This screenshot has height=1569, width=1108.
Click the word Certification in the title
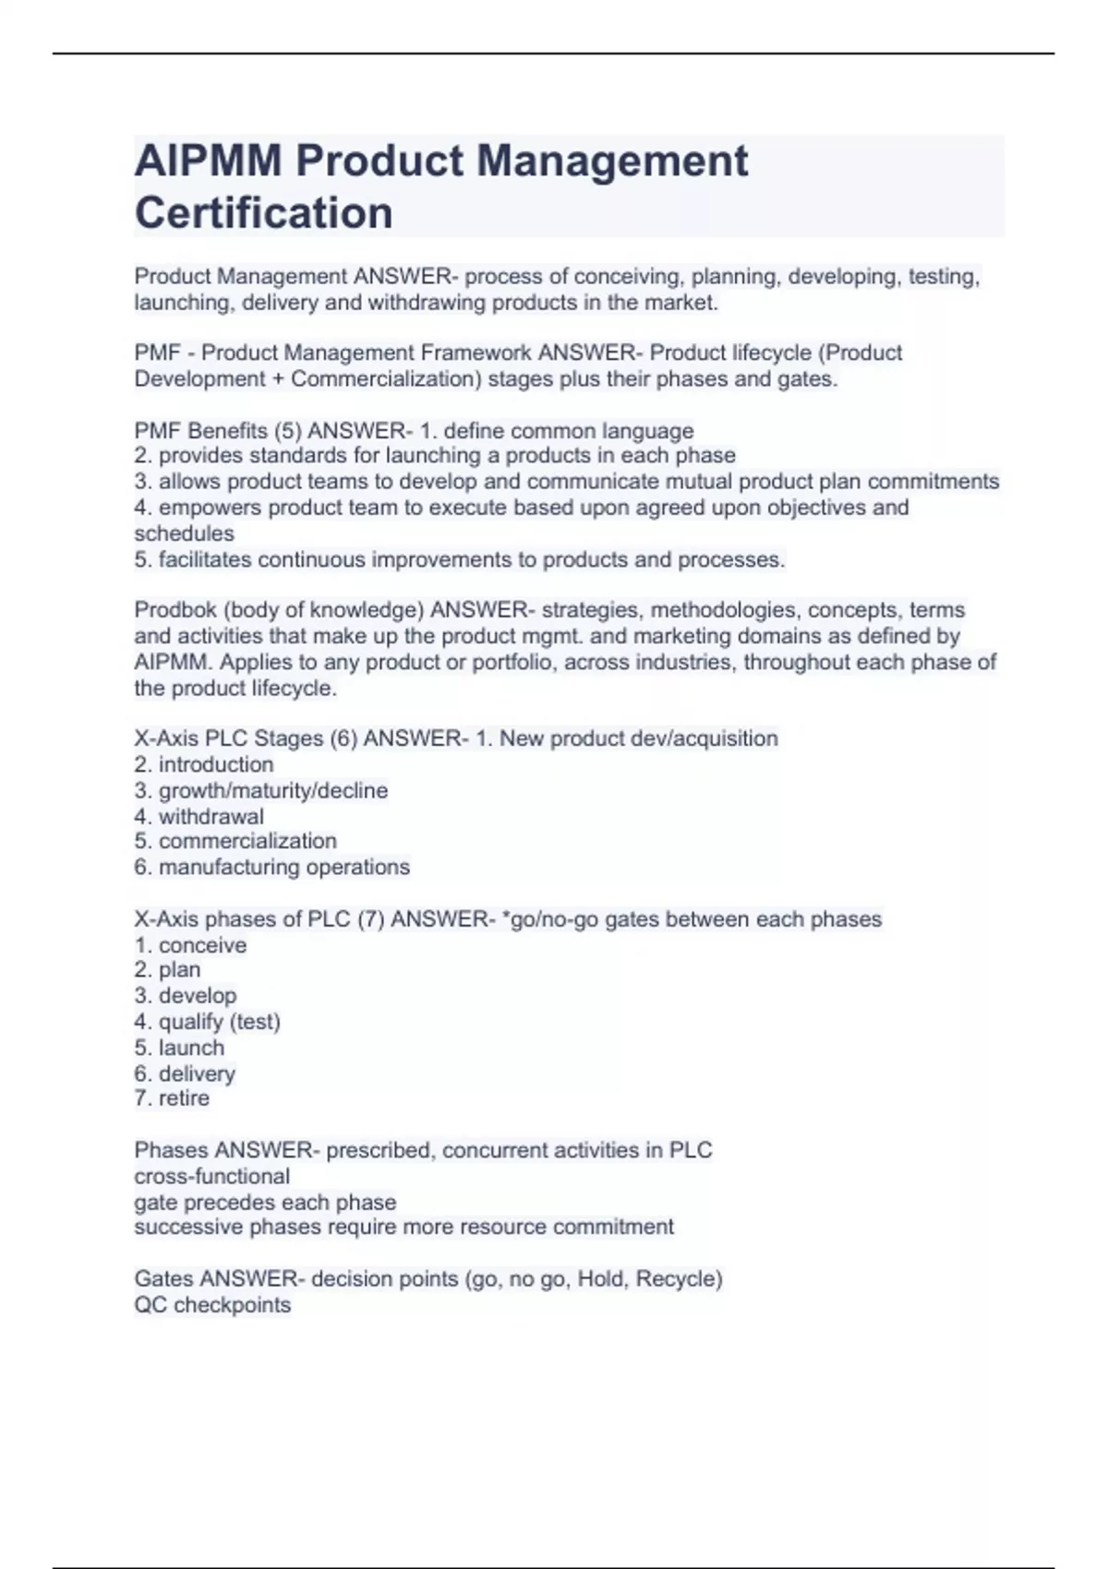click(x=263, y=212)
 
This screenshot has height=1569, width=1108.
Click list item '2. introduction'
click(x=203, y=764)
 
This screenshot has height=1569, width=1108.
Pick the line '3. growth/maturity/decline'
click(x=260, y=790)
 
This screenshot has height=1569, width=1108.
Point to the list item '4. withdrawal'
click(x=199, y=816)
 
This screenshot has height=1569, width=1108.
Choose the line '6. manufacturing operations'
click(x=271, y=867)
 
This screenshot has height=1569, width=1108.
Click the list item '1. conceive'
click(x=190, y=945)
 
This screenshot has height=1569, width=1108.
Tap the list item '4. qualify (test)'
click(x=207, y=1022)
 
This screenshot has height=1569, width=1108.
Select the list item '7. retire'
click(x=172, y=1098)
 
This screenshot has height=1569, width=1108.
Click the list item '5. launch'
click(x=179, y=1048)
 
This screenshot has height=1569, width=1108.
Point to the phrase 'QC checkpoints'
click(x=212, y=1305)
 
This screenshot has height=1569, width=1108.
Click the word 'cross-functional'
click(x=211, y=1176)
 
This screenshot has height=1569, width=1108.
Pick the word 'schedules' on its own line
click(x=184, y=533)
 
